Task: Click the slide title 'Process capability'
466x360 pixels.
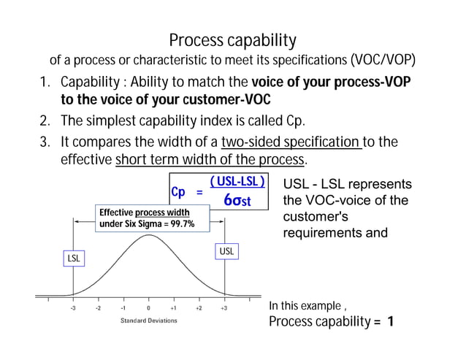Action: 232,39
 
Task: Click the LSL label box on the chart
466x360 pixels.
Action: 74,258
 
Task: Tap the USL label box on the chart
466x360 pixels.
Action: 227,251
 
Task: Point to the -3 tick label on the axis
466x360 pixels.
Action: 72,308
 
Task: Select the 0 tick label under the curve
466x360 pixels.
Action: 148,308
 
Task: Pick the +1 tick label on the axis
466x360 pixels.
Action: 173,308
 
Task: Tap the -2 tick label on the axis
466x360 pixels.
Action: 98,308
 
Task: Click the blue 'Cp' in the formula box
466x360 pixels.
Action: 178,192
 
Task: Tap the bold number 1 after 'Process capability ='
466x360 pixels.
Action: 391,322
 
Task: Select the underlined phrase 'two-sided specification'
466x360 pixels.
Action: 291,140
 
